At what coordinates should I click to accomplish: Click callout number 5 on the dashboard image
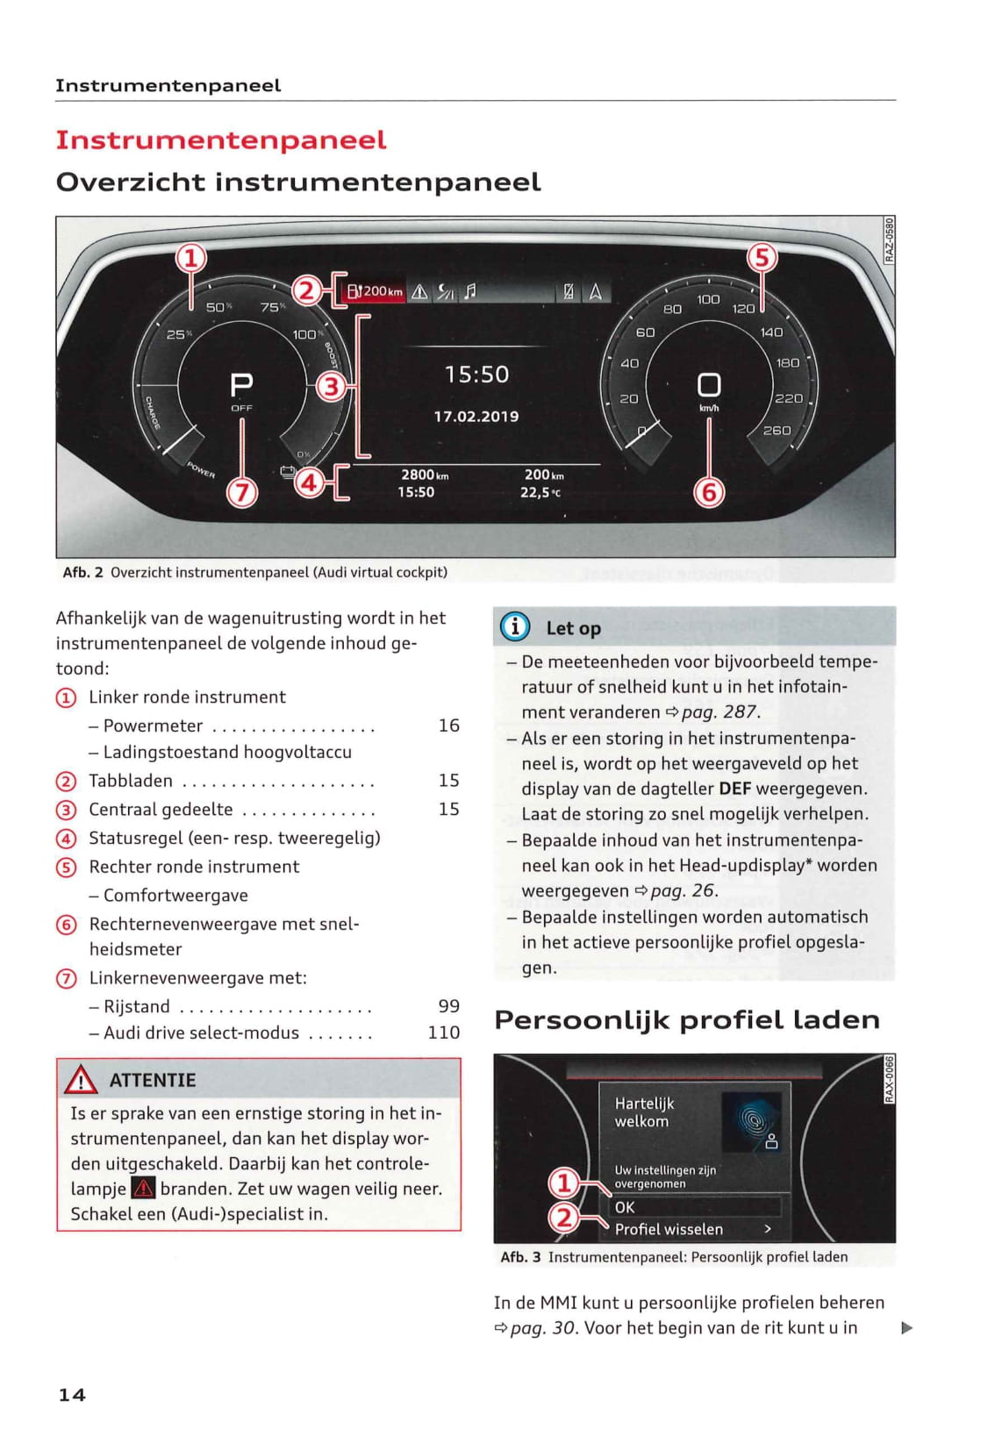[762, 258]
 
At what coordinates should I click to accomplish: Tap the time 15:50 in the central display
[476, 375]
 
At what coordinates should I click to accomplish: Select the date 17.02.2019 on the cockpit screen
[476, 417]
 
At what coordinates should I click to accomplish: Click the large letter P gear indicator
[241, 384]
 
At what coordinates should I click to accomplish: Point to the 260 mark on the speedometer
[777, 431]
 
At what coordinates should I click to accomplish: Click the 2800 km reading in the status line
[425, 475]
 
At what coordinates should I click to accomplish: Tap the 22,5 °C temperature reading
[540, 493]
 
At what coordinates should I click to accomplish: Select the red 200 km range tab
[375, 291]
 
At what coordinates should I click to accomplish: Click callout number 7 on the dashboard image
[242, 493]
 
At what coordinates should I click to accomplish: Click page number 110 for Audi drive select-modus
[444, 1033]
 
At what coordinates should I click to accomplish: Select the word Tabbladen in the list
[131, 781]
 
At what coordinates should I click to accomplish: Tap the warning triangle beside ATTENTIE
[81, 1079]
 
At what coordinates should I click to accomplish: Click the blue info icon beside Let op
[515, 626]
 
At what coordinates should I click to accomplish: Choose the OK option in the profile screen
[625, 1207]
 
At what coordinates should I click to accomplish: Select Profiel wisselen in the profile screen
[669, 1229]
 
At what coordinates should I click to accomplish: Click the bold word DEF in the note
[734, 789]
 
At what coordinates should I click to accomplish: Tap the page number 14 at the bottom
[72, 1395]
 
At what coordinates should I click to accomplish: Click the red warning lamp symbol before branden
[143, 1189]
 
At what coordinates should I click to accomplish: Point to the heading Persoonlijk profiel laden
[686, 1019]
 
